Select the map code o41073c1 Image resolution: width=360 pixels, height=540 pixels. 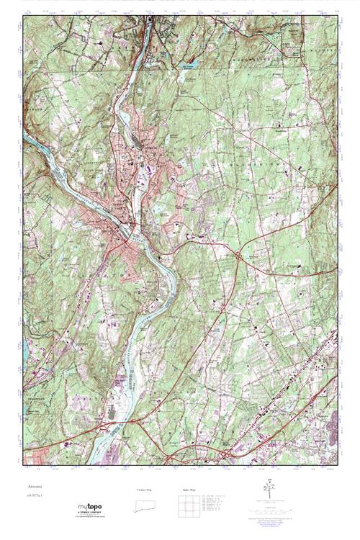pyautogui.click(x=35, y=495)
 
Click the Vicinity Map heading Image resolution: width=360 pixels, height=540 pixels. pyautogui.click(x=145, y=489)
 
